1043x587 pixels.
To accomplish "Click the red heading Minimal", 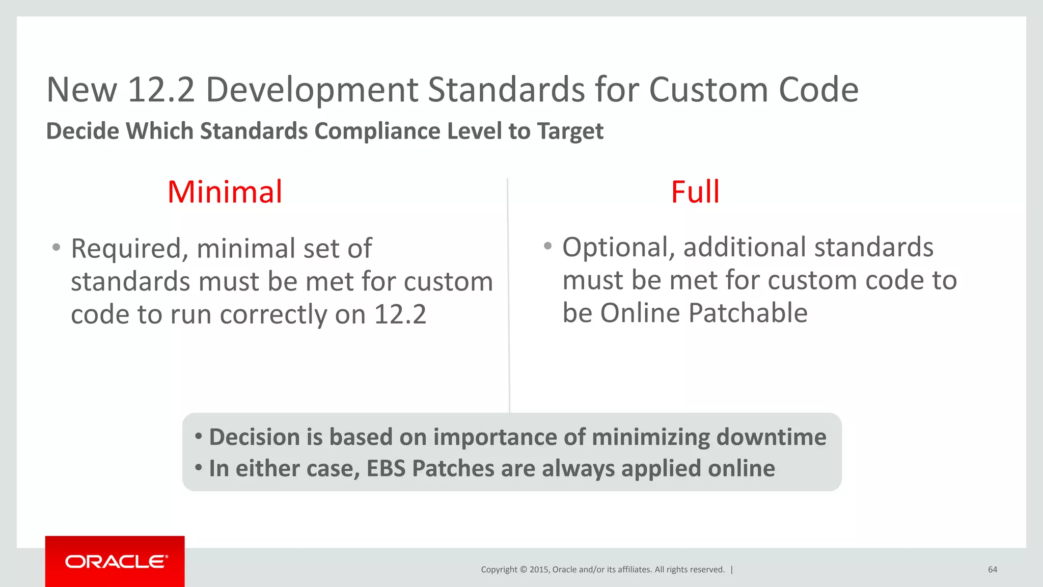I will [225, 192].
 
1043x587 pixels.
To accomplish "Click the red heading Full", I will [695, 192].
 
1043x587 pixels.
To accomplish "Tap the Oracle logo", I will [116, 562].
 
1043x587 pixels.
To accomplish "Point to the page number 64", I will [992, 570].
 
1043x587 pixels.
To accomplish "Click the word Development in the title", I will [312, 90].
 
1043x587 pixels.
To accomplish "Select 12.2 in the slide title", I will [161, 90].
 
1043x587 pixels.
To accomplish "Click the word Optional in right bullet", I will [618, 247].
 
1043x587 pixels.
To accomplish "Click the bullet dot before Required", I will [57, 248].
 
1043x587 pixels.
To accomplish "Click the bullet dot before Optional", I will [547, 246].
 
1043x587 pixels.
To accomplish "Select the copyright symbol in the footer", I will [523, 570].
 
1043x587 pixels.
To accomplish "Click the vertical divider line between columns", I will [508, 296].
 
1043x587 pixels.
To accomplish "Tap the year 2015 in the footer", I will [539, 570].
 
